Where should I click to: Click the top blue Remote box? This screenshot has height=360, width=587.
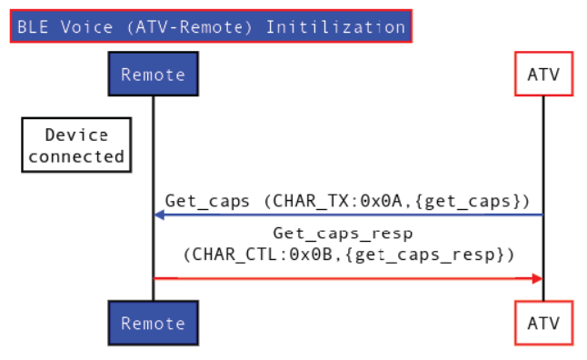tap(153, 75)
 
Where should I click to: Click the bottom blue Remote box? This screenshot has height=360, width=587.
tap(153, 323)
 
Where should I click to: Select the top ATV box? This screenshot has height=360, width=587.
tap(544, 75)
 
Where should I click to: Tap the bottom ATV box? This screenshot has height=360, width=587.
tap(544, 323)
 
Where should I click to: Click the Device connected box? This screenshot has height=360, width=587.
tap(75, 145)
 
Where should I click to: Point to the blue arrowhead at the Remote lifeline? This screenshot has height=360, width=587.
tap(159, 215)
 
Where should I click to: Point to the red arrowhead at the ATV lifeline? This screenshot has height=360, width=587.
tap(537, 278)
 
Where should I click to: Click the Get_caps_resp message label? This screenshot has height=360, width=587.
tap(349, 234)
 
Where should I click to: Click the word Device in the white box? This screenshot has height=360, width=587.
tap(76, 135)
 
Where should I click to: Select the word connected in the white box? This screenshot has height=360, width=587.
tap(76, 155)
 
